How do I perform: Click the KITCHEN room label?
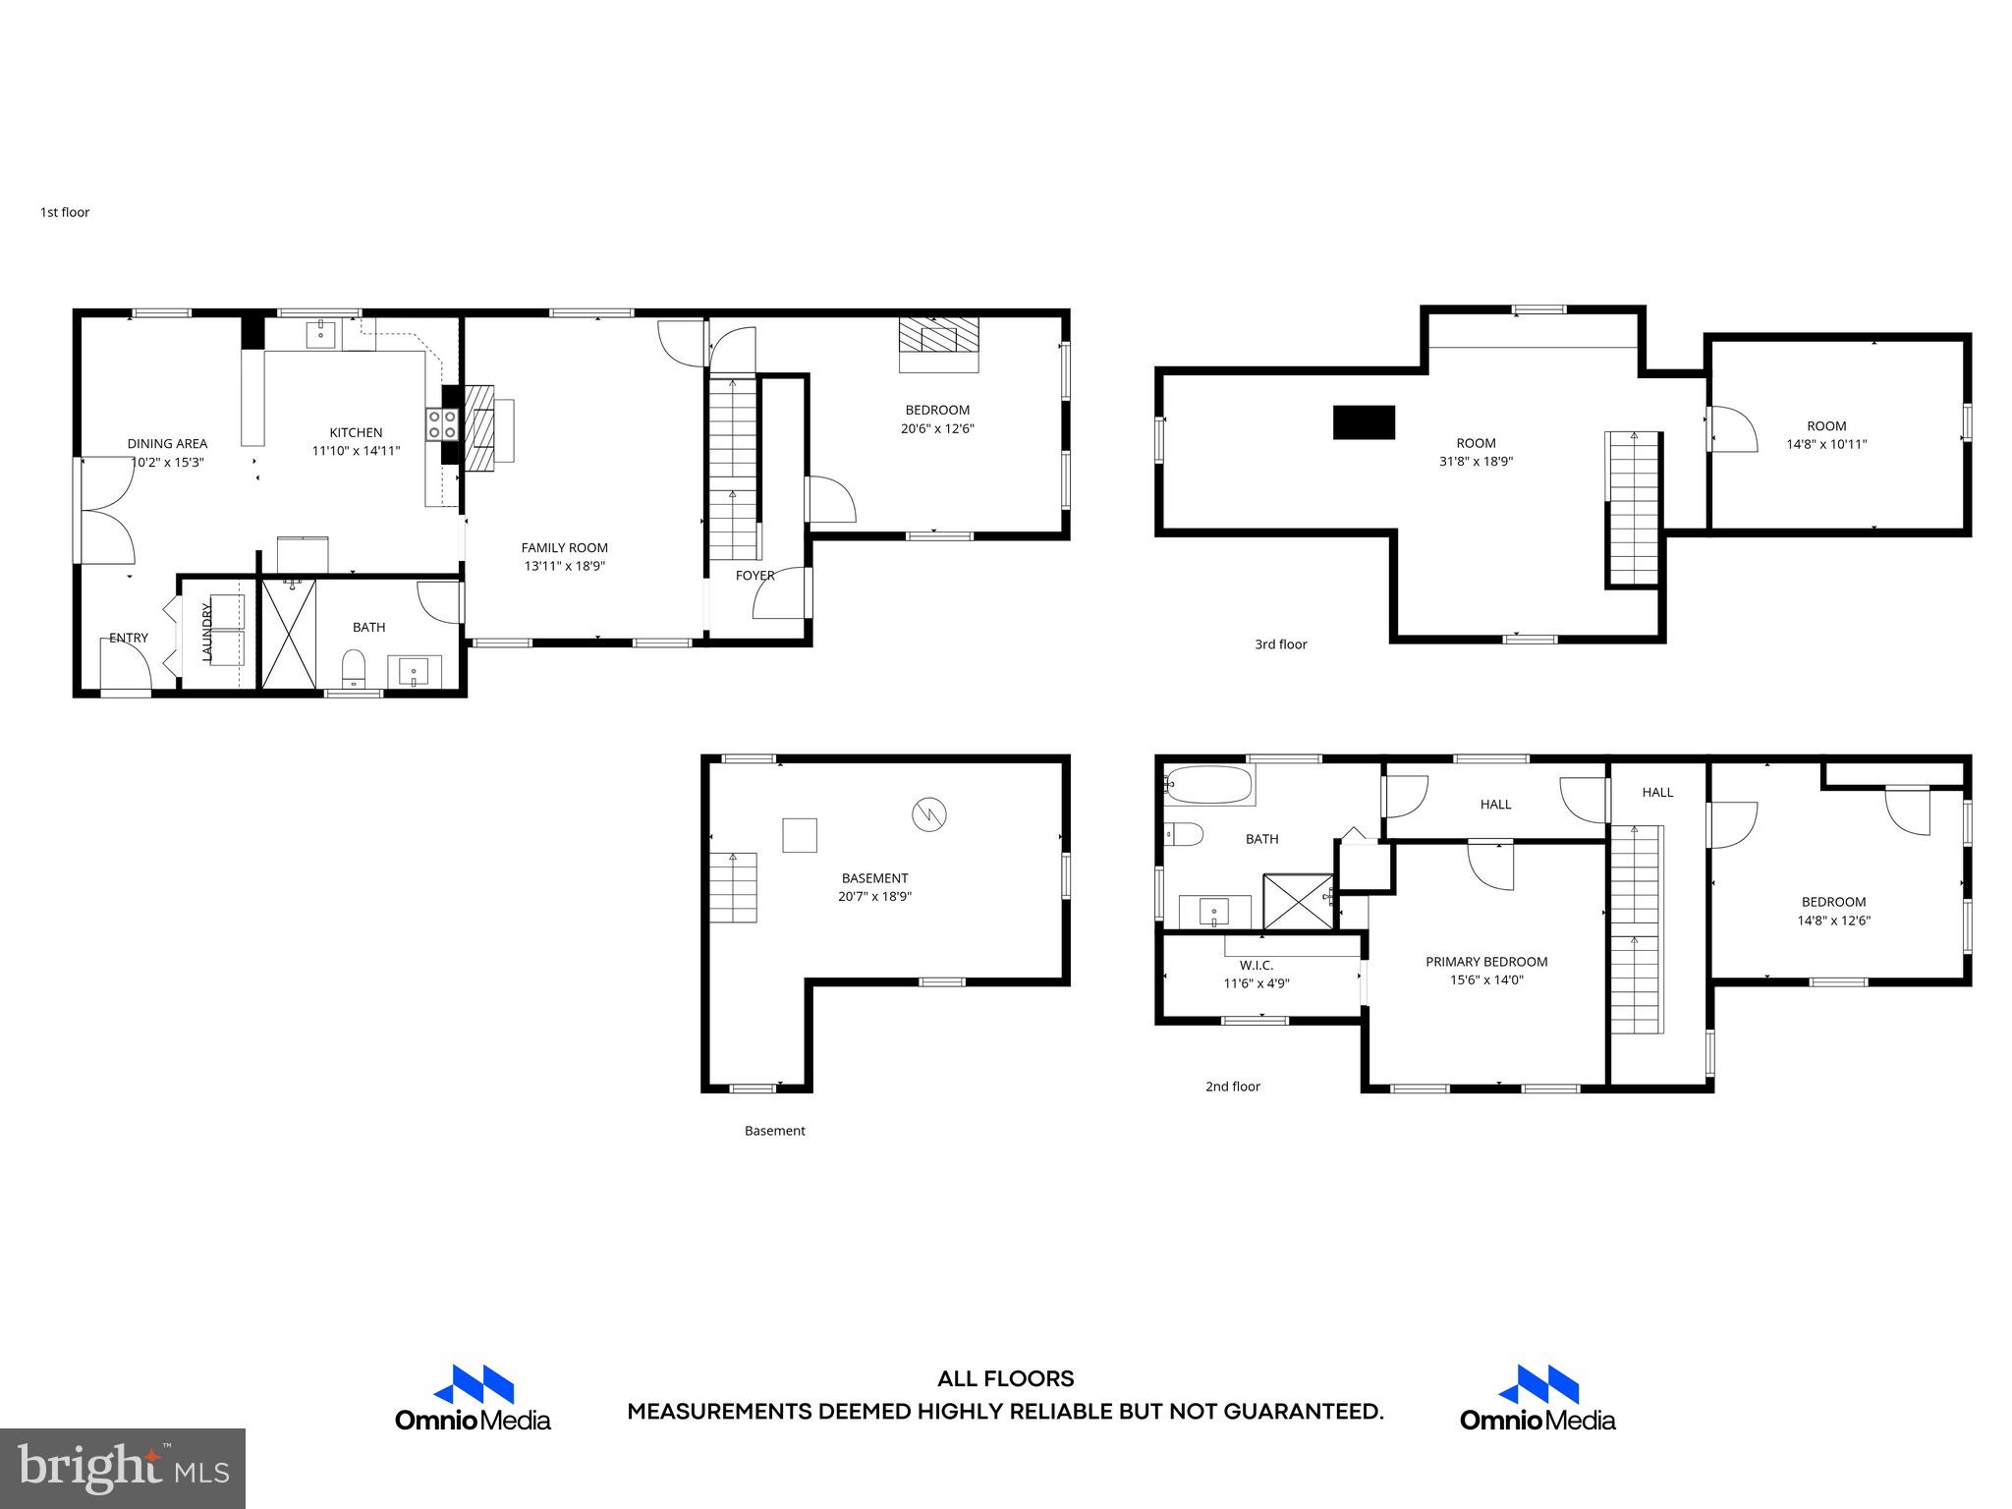[356, 432]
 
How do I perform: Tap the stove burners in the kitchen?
[441, 423]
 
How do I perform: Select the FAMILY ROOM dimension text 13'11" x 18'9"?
[564, 566]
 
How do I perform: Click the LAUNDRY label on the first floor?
[207, 632]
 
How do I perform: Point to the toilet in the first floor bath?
[353, 671]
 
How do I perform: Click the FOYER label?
[754, 576]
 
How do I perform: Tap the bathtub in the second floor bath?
[1208, 785]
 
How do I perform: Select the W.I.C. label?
[1256, 966]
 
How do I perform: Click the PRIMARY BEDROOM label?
[1486, 962]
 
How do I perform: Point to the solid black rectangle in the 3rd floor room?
[1364, 422]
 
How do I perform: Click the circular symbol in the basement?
[929, 814]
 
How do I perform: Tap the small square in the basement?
[799, 835]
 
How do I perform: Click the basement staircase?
[734, 887]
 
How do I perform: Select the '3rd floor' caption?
[1280, 644]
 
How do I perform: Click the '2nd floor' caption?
[1232, 1087]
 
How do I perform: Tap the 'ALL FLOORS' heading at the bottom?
[1005, 1379]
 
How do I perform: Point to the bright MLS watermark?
[123, 1468]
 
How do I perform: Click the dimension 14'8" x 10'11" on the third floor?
[1826, 444]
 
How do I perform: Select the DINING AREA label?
[167, 444]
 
